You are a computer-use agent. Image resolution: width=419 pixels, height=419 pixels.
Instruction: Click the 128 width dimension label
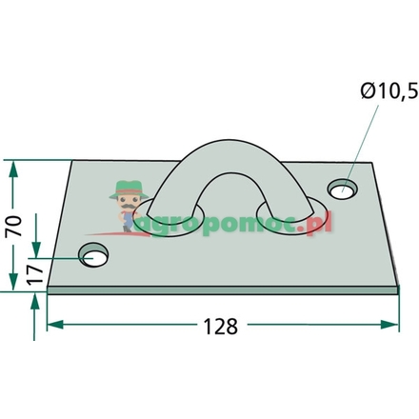tap(220, 326)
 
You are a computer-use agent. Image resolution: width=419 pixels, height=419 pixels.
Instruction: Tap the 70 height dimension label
tap(13, 226)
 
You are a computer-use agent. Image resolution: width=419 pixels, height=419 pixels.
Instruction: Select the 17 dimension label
tap(35, 274)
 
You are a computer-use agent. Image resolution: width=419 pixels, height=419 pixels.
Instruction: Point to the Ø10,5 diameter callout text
tap(389, 91)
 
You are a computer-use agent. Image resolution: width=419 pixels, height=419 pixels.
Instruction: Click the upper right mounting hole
tap(343, 190)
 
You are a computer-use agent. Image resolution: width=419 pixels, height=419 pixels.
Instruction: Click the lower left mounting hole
tap(93, 255)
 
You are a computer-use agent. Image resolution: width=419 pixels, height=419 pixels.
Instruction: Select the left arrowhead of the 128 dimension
tap(55, 325)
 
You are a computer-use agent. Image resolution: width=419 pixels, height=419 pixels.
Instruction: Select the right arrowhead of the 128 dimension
tap(389, 325)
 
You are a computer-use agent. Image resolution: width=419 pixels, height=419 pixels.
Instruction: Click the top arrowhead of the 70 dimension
tap(13, 169)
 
